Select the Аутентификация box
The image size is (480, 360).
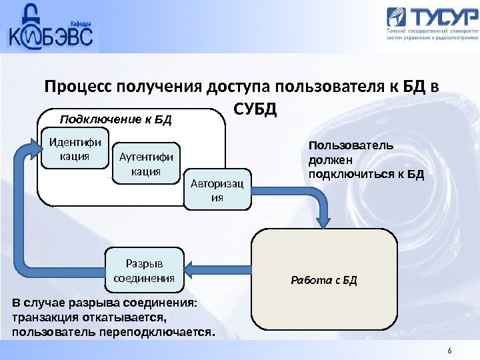pyautogui.click(x=145, y=163)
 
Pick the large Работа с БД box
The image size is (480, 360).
pyautogui.click(x=324, y=279)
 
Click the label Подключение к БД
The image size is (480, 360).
pyautogui.click(x=116, y=120)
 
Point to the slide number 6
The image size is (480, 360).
pyautogui.click(x=449, y=351)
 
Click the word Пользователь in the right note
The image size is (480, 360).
pyautogui.click(x=351, y=145)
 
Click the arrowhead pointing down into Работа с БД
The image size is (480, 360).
pyautogui.click(x=325, y=221)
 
